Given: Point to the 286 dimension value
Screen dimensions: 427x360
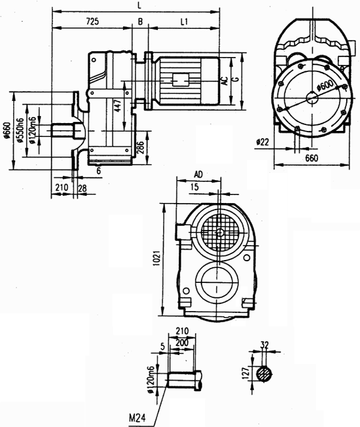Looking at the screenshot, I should click(139, 146).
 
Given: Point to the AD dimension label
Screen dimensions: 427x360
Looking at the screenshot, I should click(198, 176).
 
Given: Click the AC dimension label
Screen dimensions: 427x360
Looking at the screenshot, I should click(225, 81).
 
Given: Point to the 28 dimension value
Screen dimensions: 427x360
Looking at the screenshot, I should click(82, 188).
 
